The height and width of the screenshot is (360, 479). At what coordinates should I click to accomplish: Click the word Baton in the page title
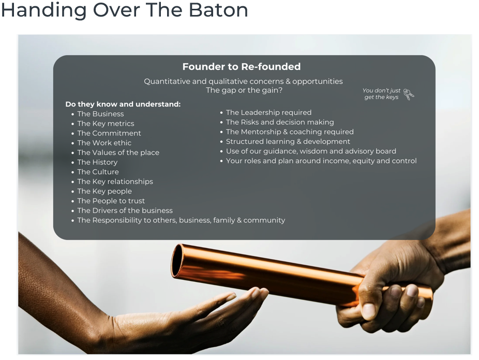click(218, 10)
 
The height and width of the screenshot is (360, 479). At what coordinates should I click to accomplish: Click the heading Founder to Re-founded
click(242, 67)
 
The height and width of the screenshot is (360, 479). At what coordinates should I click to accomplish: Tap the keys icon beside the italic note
click(409, 94)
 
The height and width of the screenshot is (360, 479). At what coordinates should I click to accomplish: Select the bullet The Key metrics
click(106, 123)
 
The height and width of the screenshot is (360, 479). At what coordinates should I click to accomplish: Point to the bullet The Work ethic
click(104, 143)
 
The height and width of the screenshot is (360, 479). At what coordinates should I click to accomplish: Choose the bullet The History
click(97, 162)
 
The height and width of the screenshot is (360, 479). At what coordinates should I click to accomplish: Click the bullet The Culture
click(98, 172)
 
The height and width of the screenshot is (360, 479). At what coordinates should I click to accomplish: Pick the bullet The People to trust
click(111, 201)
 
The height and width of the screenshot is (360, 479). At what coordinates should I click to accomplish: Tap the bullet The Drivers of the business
click(125, 211)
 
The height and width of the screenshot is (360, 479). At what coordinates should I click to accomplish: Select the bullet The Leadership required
click(268, 112)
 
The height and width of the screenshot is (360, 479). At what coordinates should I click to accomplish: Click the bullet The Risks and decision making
click(280, 122)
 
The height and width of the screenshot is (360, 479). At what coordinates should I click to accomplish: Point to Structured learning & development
click(288, 141)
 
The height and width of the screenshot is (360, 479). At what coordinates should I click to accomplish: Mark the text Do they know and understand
click(123, 104)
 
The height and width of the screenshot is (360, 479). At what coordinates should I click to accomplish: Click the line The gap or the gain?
click(244, 90)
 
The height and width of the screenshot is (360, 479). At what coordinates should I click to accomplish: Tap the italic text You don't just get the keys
click(381, 94)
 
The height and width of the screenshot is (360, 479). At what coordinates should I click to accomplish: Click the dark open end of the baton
click(176, 261)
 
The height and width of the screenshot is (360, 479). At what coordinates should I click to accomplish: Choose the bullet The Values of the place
click(118, 153)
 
